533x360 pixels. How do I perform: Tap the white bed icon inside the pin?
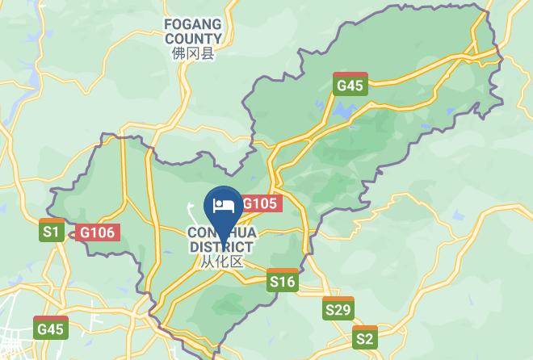click(x=222, y=204)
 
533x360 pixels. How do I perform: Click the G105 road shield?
click(x=261, y=204)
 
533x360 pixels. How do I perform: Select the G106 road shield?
click(x=99, y=232)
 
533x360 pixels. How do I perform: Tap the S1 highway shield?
click(x=52, y=231)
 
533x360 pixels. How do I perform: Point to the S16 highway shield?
click(x=283, y=280)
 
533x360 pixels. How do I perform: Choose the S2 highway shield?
click(x=365, y=337)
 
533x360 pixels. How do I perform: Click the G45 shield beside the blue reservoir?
click(x=350, y=84)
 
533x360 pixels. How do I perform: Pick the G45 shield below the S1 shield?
click(x=50, y=327)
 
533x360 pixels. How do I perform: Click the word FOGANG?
click(x=193, y=25)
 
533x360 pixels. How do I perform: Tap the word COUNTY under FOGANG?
click(x=193, y=39)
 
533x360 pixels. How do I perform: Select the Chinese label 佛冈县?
click(x=193, y=54)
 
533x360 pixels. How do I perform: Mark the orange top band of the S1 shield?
click(x=52, y=220)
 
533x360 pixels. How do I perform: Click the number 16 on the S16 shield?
click(x=287, y=282)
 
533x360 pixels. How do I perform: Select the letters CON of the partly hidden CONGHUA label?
click(x=199, y=233)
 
